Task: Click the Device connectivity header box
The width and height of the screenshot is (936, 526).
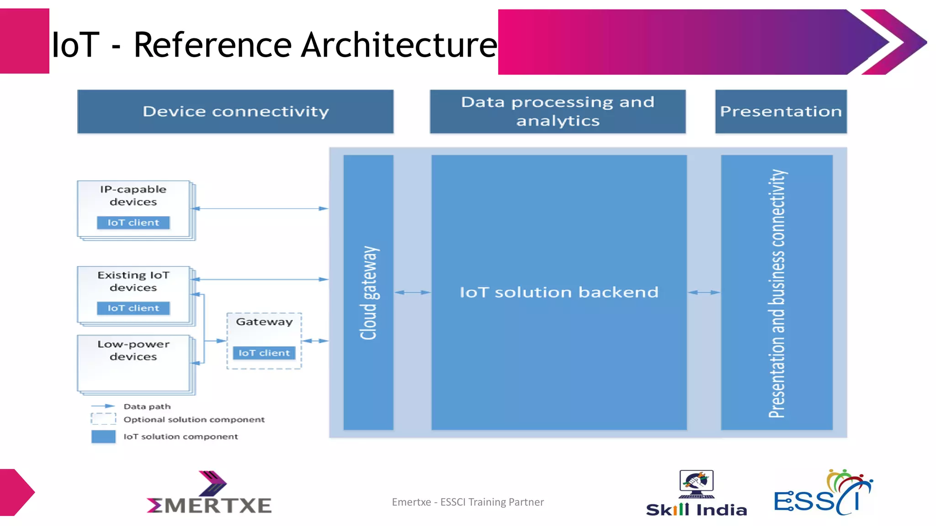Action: point(235,111)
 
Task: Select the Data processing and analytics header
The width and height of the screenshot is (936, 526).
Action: point(558,111)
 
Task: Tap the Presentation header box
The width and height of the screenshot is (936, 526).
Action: point(781,111)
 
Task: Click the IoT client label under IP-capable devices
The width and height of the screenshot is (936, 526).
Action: point(133,222)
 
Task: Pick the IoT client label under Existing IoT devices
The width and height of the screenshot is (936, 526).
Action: point(133,308)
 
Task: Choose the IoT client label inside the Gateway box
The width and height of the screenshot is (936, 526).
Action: point(264,353)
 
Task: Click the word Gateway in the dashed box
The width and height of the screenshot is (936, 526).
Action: point(264,322)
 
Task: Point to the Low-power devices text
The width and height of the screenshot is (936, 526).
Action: point(133,350)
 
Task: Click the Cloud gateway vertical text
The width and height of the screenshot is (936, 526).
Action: point(369,293)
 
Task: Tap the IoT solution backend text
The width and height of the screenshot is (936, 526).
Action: point(559,292)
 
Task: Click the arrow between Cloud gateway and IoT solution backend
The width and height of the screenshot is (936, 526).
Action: point(412,292)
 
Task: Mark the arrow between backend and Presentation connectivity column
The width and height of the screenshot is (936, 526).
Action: point(704,292)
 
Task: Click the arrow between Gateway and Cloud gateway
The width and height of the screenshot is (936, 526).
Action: point(315,341)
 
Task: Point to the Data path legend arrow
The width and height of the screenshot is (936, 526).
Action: point(103,406)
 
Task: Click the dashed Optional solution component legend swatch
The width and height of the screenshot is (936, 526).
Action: point(103,419)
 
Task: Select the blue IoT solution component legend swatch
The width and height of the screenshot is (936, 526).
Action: point(103,437)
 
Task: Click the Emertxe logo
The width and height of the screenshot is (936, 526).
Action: point(209,493)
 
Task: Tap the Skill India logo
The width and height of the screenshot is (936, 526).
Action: point(696,493)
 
